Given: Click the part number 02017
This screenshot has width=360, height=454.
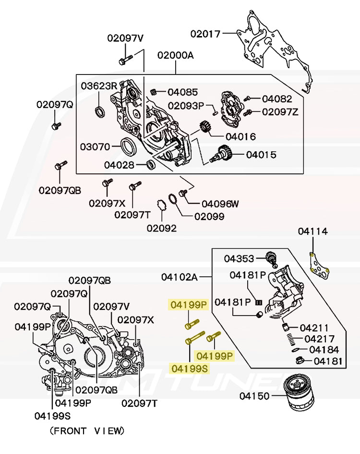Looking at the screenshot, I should pos(205,34).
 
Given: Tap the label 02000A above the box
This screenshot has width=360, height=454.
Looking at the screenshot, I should pos(175,55).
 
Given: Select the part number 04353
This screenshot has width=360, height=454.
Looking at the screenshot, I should pos(239,258).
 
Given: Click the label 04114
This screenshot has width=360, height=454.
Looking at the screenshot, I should pos(312,232).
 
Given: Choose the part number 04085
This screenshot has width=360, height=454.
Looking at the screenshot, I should pos(182,92).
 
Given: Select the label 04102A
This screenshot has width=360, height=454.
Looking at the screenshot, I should pos(179,277).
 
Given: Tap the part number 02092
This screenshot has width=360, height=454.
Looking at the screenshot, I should pos(161,228).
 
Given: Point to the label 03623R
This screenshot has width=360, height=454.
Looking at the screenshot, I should pos(98,86).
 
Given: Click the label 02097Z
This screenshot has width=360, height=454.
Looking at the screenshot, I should pos(280,112).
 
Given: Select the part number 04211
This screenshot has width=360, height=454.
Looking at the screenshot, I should pos(314,328).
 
